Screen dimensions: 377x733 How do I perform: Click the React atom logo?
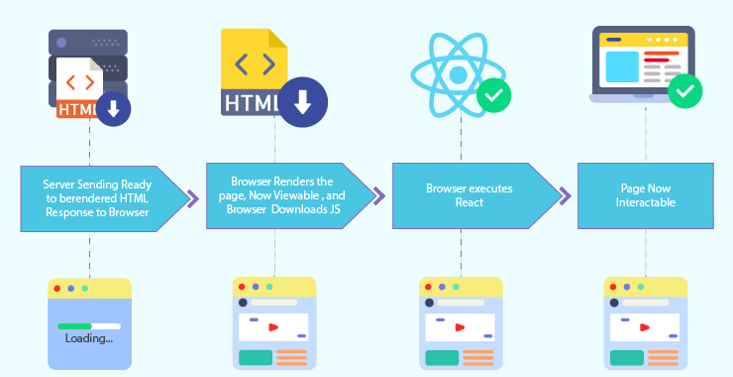(x=458, y=73)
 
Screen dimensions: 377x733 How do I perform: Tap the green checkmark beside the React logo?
(x=493, y=97)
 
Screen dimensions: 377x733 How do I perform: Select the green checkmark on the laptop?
(x=684, y=92)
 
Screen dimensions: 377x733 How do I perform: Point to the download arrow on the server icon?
(x=113, y=108)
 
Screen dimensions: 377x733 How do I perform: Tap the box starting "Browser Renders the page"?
(x=281, y=195)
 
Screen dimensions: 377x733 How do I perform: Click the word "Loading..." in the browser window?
(x=88, y=338)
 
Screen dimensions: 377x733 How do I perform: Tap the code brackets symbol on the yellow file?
(x=255, y=65)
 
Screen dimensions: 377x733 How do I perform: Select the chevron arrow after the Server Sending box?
(x=193, y=199)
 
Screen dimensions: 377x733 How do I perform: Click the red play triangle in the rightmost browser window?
(x=645, y=326)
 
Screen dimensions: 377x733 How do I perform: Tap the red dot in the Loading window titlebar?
(x=56, y=288)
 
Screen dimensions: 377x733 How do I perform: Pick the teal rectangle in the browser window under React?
(x=443, y=357)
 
